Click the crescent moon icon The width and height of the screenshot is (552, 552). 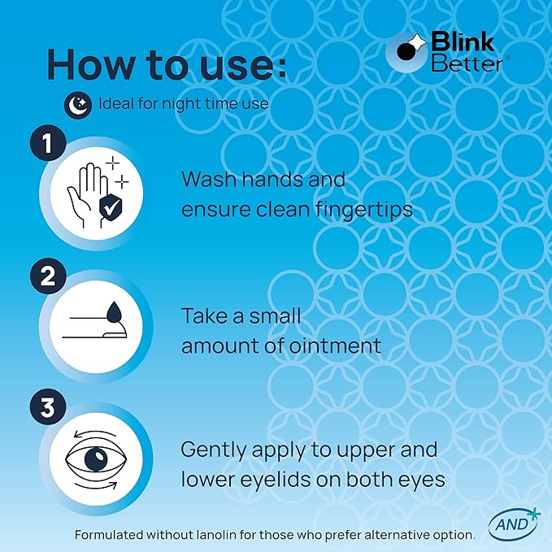(x=77, y=103)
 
